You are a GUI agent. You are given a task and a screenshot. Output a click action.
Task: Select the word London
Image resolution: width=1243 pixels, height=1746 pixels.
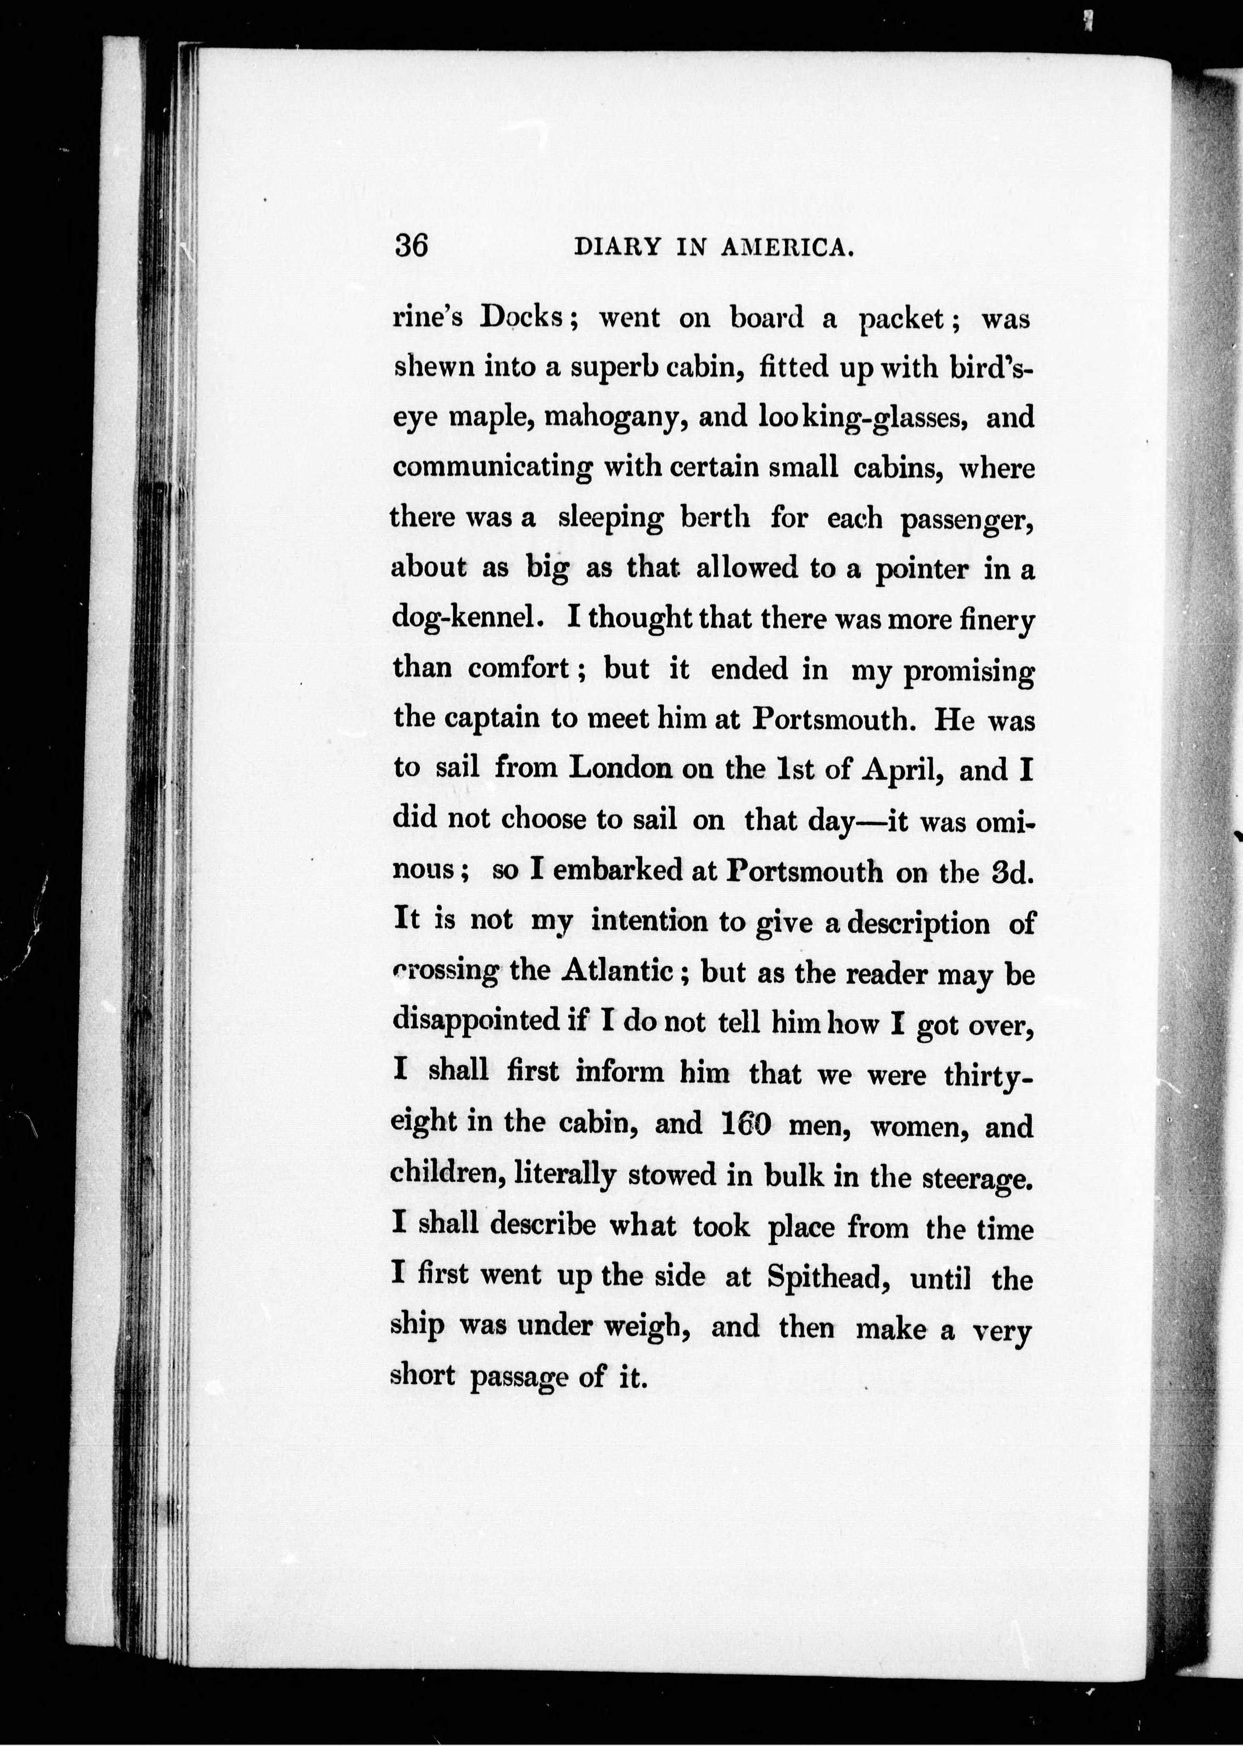pos(621,768)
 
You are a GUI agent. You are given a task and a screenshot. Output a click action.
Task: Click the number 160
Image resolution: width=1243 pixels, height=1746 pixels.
pos(745,1124)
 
